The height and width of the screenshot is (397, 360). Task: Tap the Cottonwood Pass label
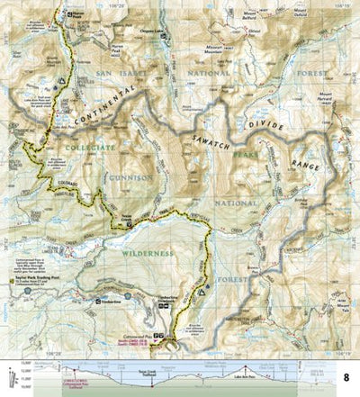tap(157, 333)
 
